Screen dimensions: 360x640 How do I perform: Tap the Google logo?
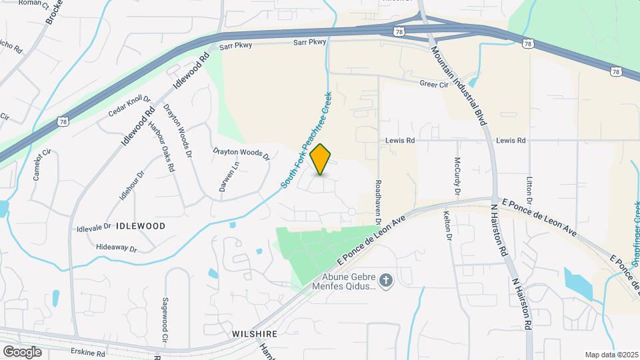pos(22,351)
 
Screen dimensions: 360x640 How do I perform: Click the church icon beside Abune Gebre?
pos(385,279)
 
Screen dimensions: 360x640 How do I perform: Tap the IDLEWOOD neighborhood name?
pos(140,226)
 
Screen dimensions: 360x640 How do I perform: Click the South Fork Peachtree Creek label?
pos(306,139)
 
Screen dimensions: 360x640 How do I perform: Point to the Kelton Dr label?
pos(447,227)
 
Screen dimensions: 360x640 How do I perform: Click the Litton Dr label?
pos(530,190)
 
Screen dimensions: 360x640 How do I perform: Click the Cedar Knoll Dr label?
pos(129,106)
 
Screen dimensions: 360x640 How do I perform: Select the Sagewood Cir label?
pos(165,315)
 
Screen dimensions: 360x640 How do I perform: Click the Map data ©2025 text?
pos(610,355)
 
